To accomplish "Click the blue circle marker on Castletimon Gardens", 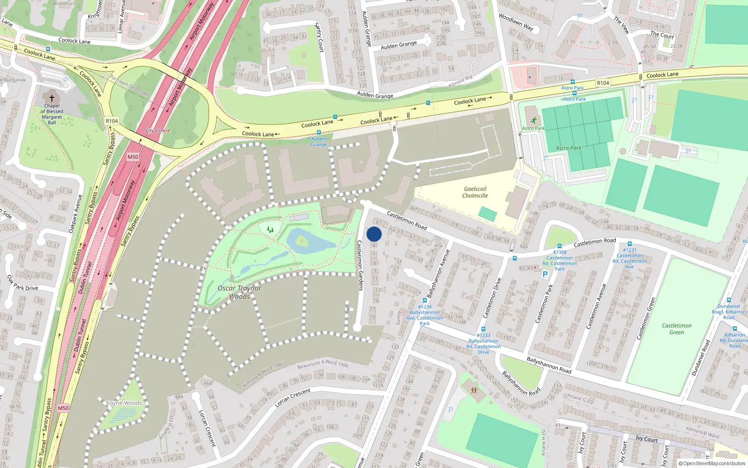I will (374, 234).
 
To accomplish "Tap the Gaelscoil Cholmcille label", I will (475, 192).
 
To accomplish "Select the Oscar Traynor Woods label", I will (239, 292).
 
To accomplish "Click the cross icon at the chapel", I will (52, 98).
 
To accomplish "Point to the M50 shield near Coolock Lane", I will (133, 157).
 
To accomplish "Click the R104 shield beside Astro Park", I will (603, 83).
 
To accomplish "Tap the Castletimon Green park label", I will (676, 329).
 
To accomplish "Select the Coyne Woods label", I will (124, 403).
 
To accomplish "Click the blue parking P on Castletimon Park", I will (545, 275).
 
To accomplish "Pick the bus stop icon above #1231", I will (630, 244).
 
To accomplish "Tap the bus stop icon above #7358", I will (560, 246).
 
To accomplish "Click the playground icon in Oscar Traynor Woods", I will (270, 230).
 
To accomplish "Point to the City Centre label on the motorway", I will (158, 131).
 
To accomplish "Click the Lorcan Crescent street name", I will (293, 398).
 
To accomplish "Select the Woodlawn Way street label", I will (516, 22).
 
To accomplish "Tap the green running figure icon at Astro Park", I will (533, 120).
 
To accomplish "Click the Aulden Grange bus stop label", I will (319, 141).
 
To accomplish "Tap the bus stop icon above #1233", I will (483, 329).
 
